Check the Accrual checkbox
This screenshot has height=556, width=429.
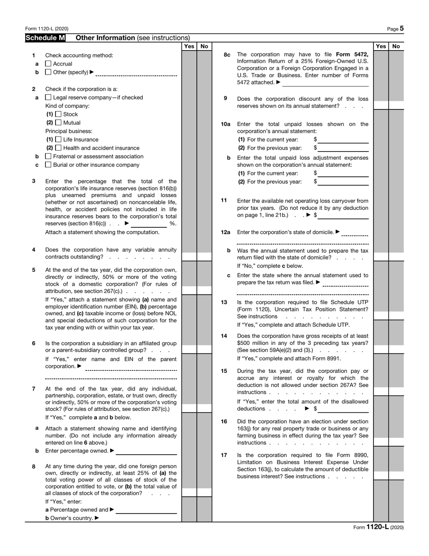(x=48, y=64)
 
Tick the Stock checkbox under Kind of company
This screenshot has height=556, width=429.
(x=58, y=114)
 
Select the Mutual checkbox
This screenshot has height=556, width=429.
(x=58, y=123)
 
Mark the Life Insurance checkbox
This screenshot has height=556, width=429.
(x=58, y=140)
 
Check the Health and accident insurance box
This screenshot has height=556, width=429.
(x=58, y=148)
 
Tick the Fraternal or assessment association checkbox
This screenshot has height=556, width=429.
(x=48, y=156)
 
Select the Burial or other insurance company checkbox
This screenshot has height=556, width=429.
(x=48, y=165)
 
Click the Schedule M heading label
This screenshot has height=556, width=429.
(x=45, y=38)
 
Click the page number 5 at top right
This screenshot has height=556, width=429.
(x=401, y=28)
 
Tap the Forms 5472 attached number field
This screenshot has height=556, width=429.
(x=325, y=83)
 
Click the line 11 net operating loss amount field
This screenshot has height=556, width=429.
(x=343, y=215)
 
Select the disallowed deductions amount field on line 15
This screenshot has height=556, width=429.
(x=343, y=409)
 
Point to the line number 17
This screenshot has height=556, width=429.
(x=224, y=455)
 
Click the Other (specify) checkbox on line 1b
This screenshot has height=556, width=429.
(x=48, y=72)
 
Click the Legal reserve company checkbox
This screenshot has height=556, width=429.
(x=48, y=97)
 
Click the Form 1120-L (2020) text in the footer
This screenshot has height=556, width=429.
(x=378, y=527)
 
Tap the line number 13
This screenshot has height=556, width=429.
(x=224, y=302)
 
